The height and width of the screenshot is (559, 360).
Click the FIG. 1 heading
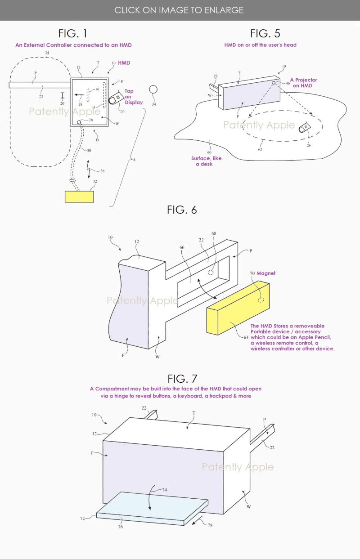pos(73,33)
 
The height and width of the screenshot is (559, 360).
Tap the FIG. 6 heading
pos(182,210)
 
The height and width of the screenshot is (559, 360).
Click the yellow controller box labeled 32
pos(80,197)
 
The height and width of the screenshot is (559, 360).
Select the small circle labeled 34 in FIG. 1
pos(153,89)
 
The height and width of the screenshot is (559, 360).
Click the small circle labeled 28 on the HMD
pos(79,122)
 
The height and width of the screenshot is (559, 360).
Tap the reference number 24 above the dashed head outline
pos(47,54)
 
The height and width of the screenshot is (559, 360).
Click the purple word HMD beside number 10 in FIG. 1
pos(124,63)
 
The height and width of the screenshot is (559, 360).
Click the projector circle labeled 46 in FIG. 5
pos(274,83)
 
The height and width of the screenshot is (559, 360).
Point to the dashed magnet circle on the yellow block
pos(261,300)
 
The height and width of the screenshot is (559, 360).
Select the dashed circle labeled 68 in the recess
pos(211,273)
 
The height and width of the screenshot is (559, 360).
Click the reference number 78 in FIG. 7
pos(210,525)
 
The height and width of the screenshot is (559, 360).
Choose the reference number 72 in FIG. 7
pos(83,519)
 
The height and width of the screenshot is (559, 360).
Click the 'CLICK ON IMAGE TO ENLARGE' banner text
pos(179,10)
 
